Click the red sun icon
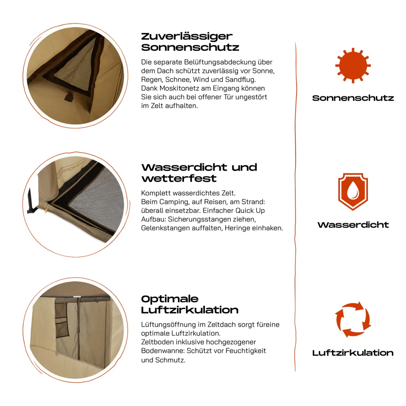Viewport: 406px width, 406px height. pyautogui.click(x=353, y=65)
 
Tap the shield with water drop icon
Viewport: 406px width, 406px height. pyautogui.click(x=353, y=191)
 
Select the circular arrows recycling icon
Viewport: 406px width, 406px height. pyautogui.click(x=353, y=320)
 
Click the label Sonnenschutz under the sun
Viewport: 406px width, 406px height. pyautogui.click(x=353, y=98)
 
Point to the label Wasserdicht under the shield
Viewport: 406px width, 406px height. pyautogui.click(x=353, y=225)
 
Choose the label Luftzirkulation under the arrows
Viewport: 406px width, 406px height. pyautogui.click(x=353, y=353)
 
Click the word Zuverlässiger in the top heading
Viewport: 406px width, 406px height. pyautogui.click(x=187, y=36)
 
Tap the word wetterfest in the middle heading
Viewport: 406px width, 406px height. pyautogui.click(x=179, y=178)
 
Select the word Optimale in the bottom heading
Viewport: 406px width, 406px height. pyautogui.click(x=170, y=299)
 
